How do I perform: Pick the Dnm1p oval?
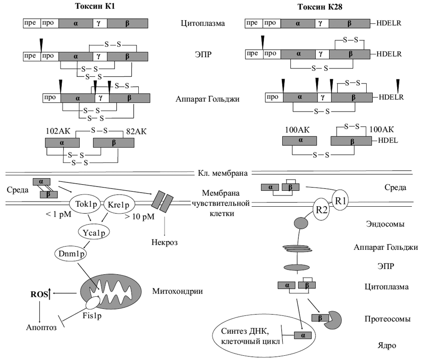(71, 254)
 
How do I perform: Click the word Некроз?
(165, 243)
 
